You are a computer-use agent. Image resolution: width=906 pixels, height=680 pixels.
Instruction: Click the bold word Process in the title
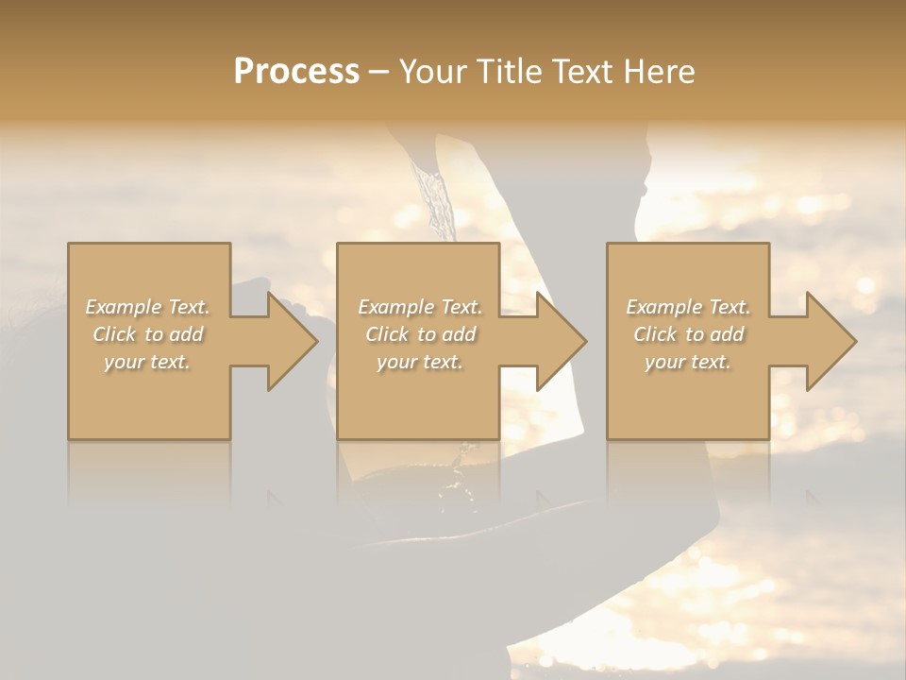296,72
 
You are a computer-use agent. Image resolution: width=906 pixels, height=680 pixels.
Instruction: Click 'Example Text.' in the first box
147,307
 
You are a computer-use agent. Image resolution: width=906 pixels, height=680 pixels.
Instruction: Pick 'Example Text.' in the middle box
420,307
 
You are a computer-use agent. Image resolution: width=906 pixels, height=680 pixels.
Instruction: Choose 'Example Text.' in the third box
688,307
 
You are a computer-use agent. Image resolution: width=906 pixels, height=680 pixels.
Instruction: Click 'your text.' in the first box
147,362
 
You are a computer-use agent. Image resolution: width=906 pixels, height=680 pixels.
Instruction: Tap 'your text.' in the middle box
420,362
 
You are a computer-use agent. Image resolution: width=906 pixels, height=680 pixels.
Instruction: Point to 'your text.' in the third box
688,362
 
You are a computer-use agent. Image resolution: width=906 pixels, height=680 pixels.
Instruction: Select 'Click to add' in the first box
147,334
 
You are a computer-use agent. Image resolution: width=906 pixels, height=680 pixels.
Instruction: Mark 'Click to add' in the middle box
420,334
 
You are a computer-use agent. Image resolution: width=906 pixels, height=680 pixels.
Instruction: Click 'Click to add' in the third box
688,334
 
